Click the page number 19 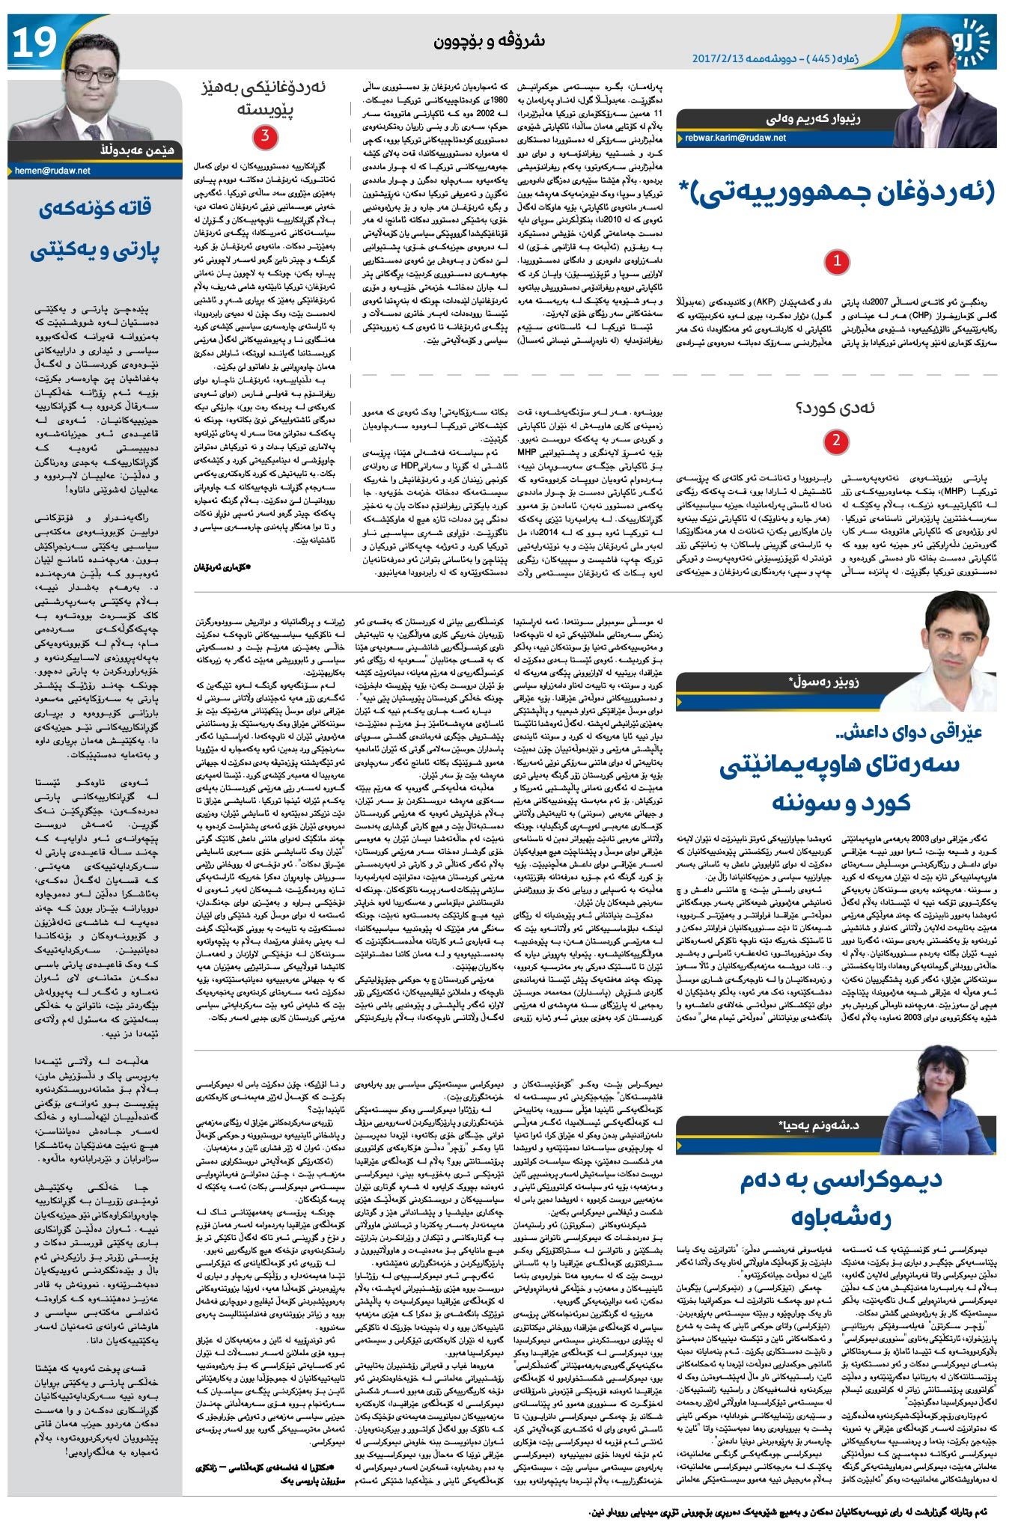[34, 42]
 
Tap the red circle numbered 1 [836, 261]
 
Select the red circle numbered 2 [836, 441]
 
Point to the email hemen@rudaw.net [52, 171]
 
